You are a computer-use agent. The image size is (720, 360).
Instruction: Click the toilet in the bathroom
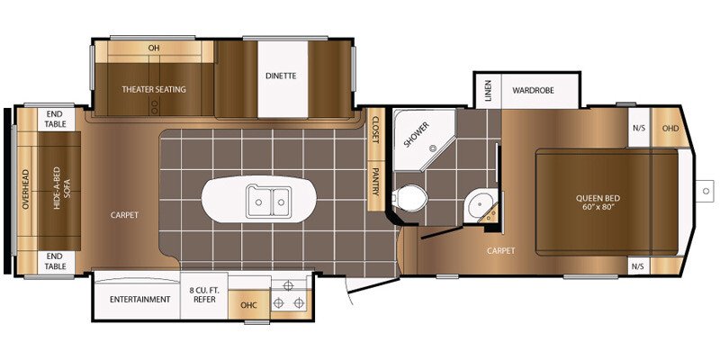[409, 198]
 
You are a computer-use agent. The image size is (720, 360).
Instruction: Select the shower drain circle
[432, 148]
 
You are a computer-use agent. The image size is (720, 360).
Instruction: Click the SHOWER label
[417, 134]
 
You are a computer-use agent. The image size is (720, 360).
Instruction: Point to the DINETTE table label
[281, 76]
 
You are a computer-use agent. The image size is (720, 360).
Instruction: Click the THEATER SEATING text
[154, 89]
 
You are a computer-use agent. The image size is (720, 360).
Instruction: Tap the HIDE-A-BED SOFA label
[62, 188]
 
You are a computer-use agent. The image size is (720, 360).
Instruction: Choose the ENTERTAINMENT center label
[140, 300]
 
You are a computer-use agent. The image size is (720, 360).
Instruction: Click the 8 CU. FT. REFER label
[204, 295]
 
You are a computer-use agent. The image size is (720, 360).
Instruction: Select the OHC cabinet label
[249, 305]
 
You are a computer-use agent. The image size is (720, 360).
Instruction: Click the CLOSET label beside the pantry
[375, 129]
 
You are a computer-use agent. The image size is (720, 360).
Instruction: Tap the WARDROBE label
[533, 90]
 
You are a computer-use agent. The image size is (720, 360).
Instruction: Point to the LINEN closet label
[488, 91]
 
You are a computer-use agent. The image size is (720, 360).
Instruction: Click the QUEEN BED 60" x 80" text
[598, 202]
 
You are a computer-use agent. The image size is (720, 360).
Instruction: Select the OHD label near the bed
[670, 128]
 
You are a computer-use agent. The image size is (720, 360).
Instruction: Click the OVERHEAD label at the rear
[25, 189]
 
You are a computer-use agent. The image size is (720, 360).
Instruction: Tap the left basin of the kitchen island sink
[259, 201]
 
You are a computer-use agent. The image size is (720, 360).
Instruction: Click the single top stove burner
[288, 285]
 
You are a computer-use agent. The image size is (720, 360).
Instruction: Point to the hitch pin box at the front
[706, 191]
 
